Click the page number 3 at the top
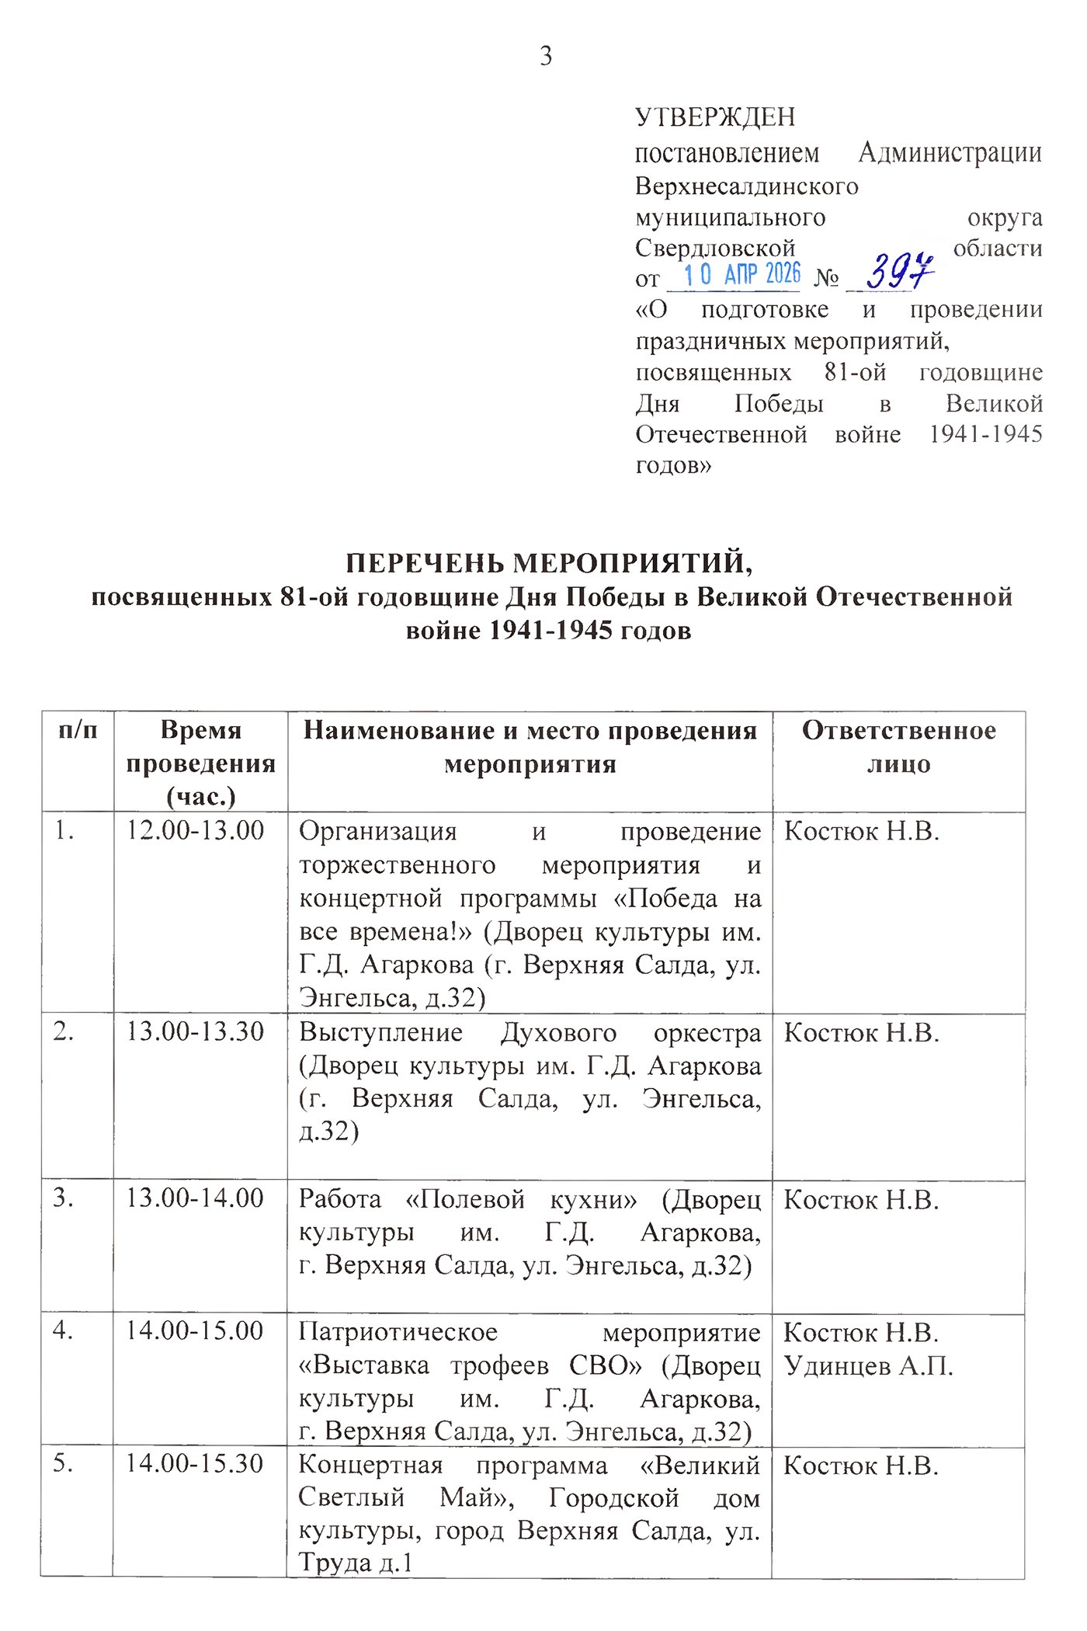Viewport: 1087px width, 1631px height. coord(546,57)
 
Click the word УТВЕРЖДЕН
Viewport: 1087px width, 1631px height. coord(715,117)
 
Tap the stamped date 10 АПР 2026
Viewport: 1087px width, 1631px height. coord(741,274)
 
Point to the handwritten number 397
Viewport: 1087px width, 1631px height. coord(898,272)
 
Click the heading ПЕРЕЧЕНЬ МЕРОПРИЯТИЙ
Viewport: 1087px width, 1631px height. coord(549,562)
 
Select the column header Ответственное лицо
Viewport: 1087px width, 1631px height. coord(898,747)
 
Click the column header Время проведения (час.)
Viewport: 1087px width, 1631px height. coord(200,763)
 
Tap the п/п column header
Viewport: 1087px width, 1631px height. coord(78,731)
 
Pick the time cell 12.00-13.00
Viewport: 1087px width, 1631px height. coord(196,830)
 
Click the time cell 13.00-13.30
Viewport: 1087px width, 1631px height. coord(196,1032)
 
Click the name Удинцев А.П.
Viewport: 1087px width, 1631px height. coord(868,1365)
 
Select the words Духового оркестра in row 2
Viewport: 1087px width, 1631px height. coord(630,1033)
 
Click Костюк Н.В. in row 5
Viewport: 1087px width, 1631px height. coord(861,1466)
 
